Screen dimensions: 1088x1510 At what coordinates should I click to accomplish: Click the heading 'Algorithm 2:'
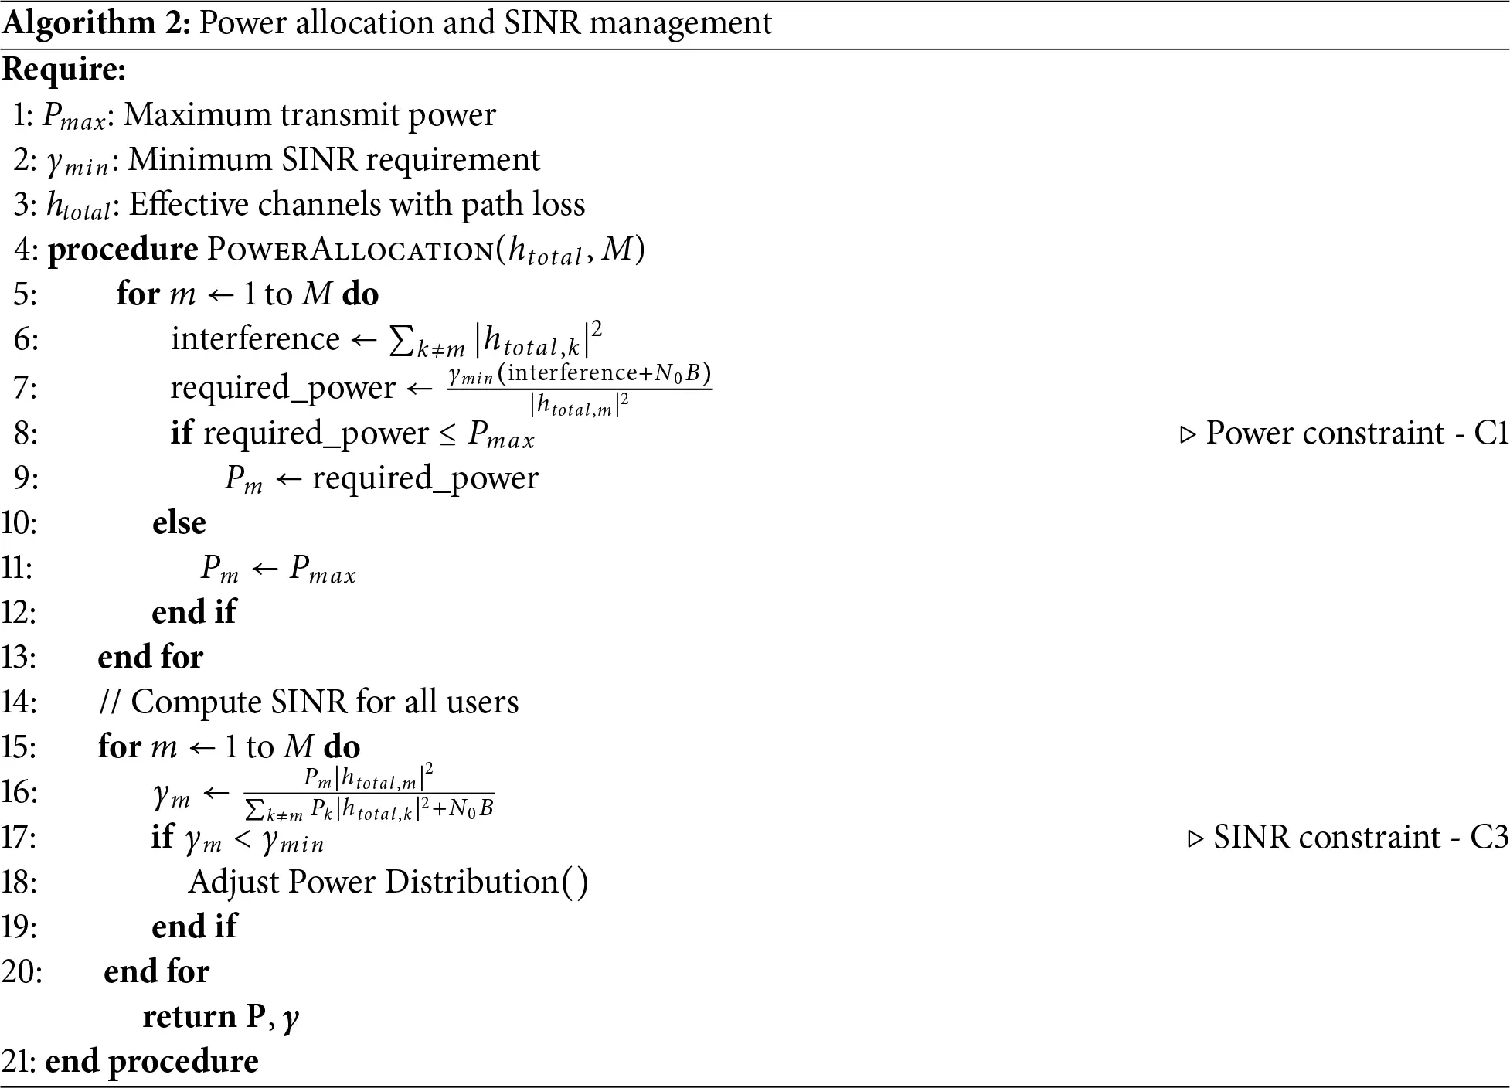click(x=96, y=23)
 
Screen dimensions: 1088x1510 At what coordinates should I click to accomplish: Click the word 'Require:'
click(x=64, y=70)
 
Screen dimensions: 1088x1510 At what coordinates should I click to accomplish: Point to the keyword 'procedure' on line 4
click(x=123, y=250)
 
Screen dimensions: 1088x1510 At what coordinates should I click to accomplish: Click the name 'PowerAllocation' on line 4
click(x=349, y=250)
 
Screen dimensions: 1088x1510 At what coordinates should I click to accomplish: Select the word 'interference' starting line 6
click(x=255, y=339)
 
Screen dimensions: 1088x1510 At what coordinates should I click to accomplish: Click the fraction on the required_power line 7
click(x=580, y=389)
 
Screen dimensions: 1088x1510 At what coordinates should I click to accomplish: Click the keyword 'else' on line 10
click(x=179, y=523)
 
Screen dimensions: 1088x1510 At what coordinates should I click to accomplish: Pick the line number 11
click(x=17, y=568)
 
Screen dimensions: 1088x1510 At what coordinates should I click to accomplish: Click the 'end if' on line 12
click(x=193, y=613)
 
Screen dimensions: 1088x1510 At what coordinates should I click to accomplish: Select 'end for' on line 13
click(x=150, y=658)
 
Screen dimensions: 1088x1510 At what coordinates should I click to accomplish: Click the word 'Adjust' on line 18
click(x=233, y=882)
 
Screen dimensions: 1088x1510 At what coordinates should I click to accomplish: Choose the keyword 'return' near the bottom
click(x=189, y=1017)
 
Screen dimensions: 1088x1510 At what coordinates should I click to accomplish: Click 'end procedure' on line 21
click(x=151, y=1062)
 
